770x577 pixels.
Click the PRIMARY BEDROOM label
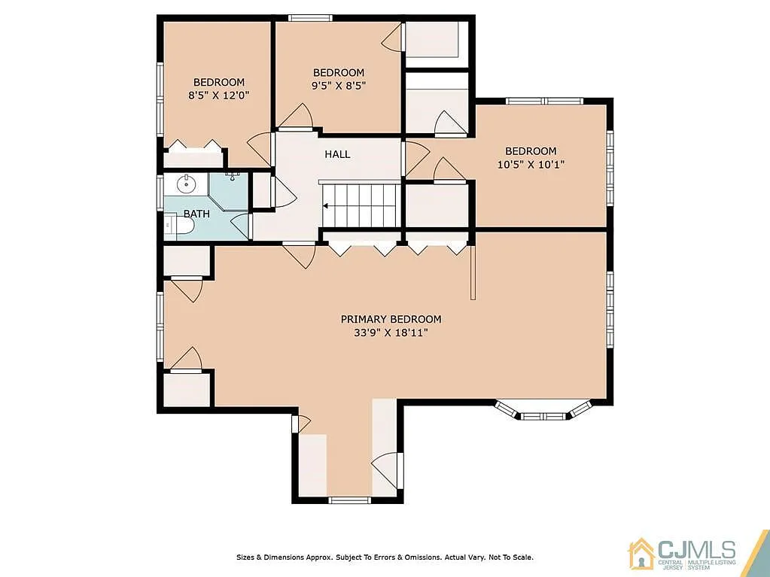[x=391, y=319]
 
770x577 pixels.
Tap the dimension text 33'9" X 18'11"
[x=391, y=333]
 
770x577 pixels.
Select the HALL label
[x=337, y=154]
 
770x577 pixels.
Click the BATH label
[x=196, y=214]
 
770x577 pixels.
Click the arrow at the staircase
[x=327, y=204]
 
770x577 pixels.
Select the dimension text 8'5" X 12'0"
[x=219, y=96]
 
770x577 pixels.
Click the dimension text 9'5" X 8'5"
[x=339, y=86]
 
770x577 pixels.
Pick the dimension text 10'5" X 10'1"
[x=531, y=164]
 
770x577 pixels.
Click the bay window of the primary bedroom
[x=543, y=411]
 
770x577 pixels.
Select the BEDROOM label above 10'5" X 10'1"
[x=531, y=151]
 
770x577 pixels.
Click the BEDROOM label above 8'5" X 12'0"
[x=219, y=83]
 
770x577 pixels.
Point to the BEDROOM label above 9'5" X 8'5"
[x=339, y=73]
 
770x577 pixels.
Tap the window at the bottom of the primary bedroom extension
[x=350, y=500]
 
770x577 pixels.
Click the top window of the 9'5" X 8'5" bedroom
[x=310, y=17]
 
